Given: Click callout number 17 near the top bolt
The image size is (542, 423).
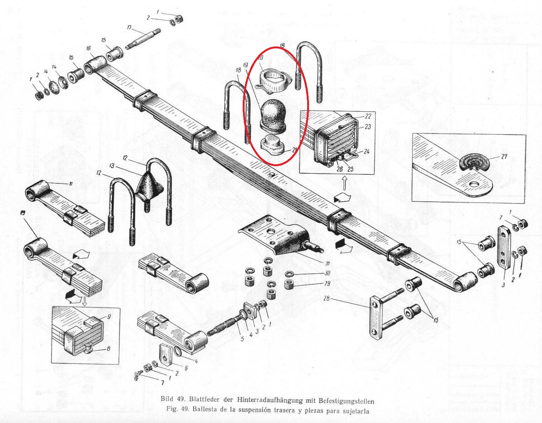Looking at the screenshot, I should [129, 27].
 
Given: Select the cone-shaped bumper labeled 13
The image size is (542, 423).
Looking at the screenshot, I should [149, 186].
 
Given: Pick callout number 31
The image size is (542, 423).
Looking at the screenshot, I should [327, 263].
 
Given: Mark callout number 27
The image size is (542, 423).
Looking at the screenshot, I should [504, 156].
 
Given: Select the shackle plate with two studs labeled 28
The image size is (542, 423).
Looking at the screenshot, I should [376, 318].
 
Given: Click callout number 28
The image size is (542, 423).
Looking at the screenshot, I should [327, 298].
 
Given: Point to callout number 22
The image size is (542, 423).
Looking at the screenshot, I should [368, 117].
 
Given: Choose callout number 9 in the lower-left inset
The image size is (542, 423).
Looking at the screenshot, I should [109, 317].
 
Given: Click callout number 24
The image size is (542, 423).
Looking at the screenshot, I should [366, 152].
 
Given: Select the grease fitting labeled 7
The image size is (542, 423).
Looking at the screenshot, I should [137, 375].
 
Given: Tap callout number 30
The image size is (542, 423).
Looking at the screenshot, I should [327, 273].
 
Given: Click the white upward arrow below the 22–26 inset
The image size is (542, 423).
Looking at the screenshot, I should [345, 183].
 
